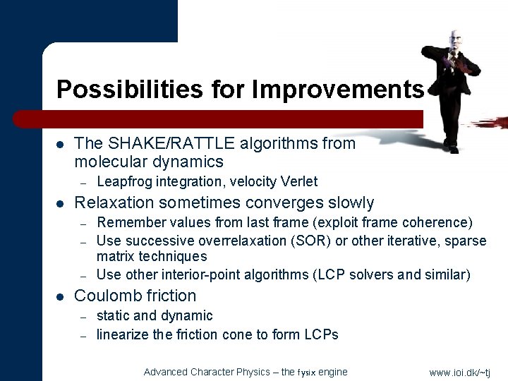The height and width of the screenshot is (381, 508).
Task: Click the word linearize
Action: click(123, 334)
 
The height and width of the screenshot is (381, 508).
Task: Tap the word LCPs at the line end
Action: click(321, 334)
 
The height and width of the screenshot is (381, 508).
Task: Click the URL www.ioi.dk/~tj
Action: click(459, 372)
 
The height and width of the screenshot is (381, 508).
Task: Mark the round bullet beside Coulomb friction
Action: click(61, 296)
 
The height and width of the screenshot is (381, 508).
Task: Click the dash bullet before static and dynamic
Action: click(83, 316)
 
